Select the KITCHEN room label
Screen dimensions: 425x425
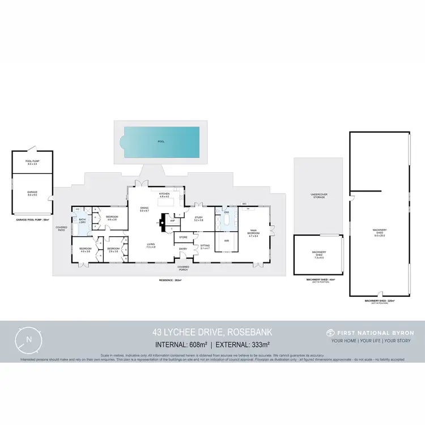(x=164, y=194)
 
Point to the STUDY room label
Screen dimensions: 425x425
(x=199, y=218)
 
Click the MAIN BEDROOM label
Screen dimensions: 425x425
(x=253, y=232)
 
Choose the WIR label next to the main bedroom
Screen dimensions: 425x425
(x=226, y=241)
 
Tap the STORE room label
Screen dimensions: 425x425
(x=184, y=237)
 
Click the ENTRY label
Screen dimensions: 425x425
(x=184, y=249)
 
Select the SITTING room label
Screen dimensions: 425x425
(x=205, y=245)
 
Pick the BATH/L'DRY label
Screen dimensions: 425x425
(x=82, y=221)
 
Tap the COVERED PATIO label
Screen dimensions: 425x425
(x=61, y=229)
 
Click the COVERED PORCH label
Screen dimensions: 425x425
(x=183, y=267)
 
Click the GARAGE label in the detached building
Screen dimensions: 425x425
(x=32, y=193)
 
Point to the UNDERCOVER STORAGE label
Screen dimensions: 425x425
(x=318, y=196)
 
